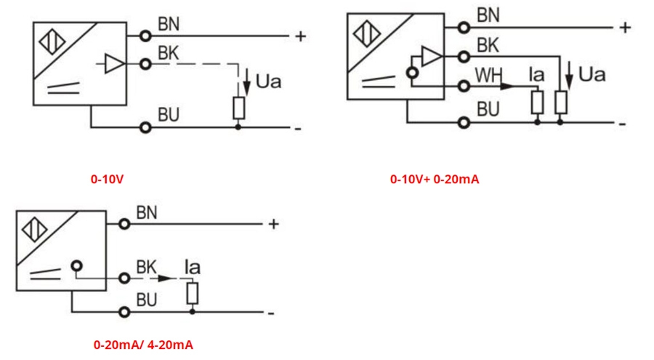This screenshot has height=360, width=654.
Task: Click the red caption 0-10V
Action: point(107,178)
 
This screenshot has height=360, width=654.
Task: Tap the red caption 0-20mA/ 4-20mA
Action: point(143,344)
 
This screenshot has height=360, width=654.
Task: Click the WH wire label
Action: point(488,75)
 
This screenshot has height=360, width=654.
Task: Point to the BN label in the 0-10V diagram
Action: point(169,25)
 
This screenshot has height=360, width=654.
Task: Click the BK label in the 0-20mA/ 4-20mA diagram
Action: point(147,267)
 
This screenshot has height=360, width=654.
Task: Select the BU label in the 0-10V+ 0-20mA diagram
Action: point(488,110)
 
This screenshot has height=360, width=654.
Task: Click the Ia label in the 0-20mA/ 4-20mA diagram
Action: point(193,268)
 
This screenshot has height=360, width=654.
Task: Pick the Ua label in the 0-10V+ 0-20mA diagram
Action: point(592,74)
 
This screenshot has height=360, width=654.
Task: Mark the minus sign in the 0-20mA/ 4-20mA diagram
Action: point(271,313)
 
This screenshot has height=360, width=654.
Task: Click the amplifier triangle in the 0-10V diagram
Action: point(114,64)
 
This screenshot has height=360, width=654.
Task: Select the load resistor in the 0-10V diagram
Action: point(238,108)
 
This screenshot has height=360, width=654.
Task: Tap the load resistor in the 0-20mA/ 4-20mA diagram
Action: point(192,294)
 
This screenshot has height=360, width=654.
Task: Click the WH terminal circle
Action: point(462,86)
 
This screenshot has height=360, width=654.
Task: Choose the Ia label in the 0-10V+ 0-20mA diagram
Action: point(536,74)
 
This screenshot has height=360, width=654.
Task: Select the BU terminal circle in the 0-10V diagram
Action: point(146,127)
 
